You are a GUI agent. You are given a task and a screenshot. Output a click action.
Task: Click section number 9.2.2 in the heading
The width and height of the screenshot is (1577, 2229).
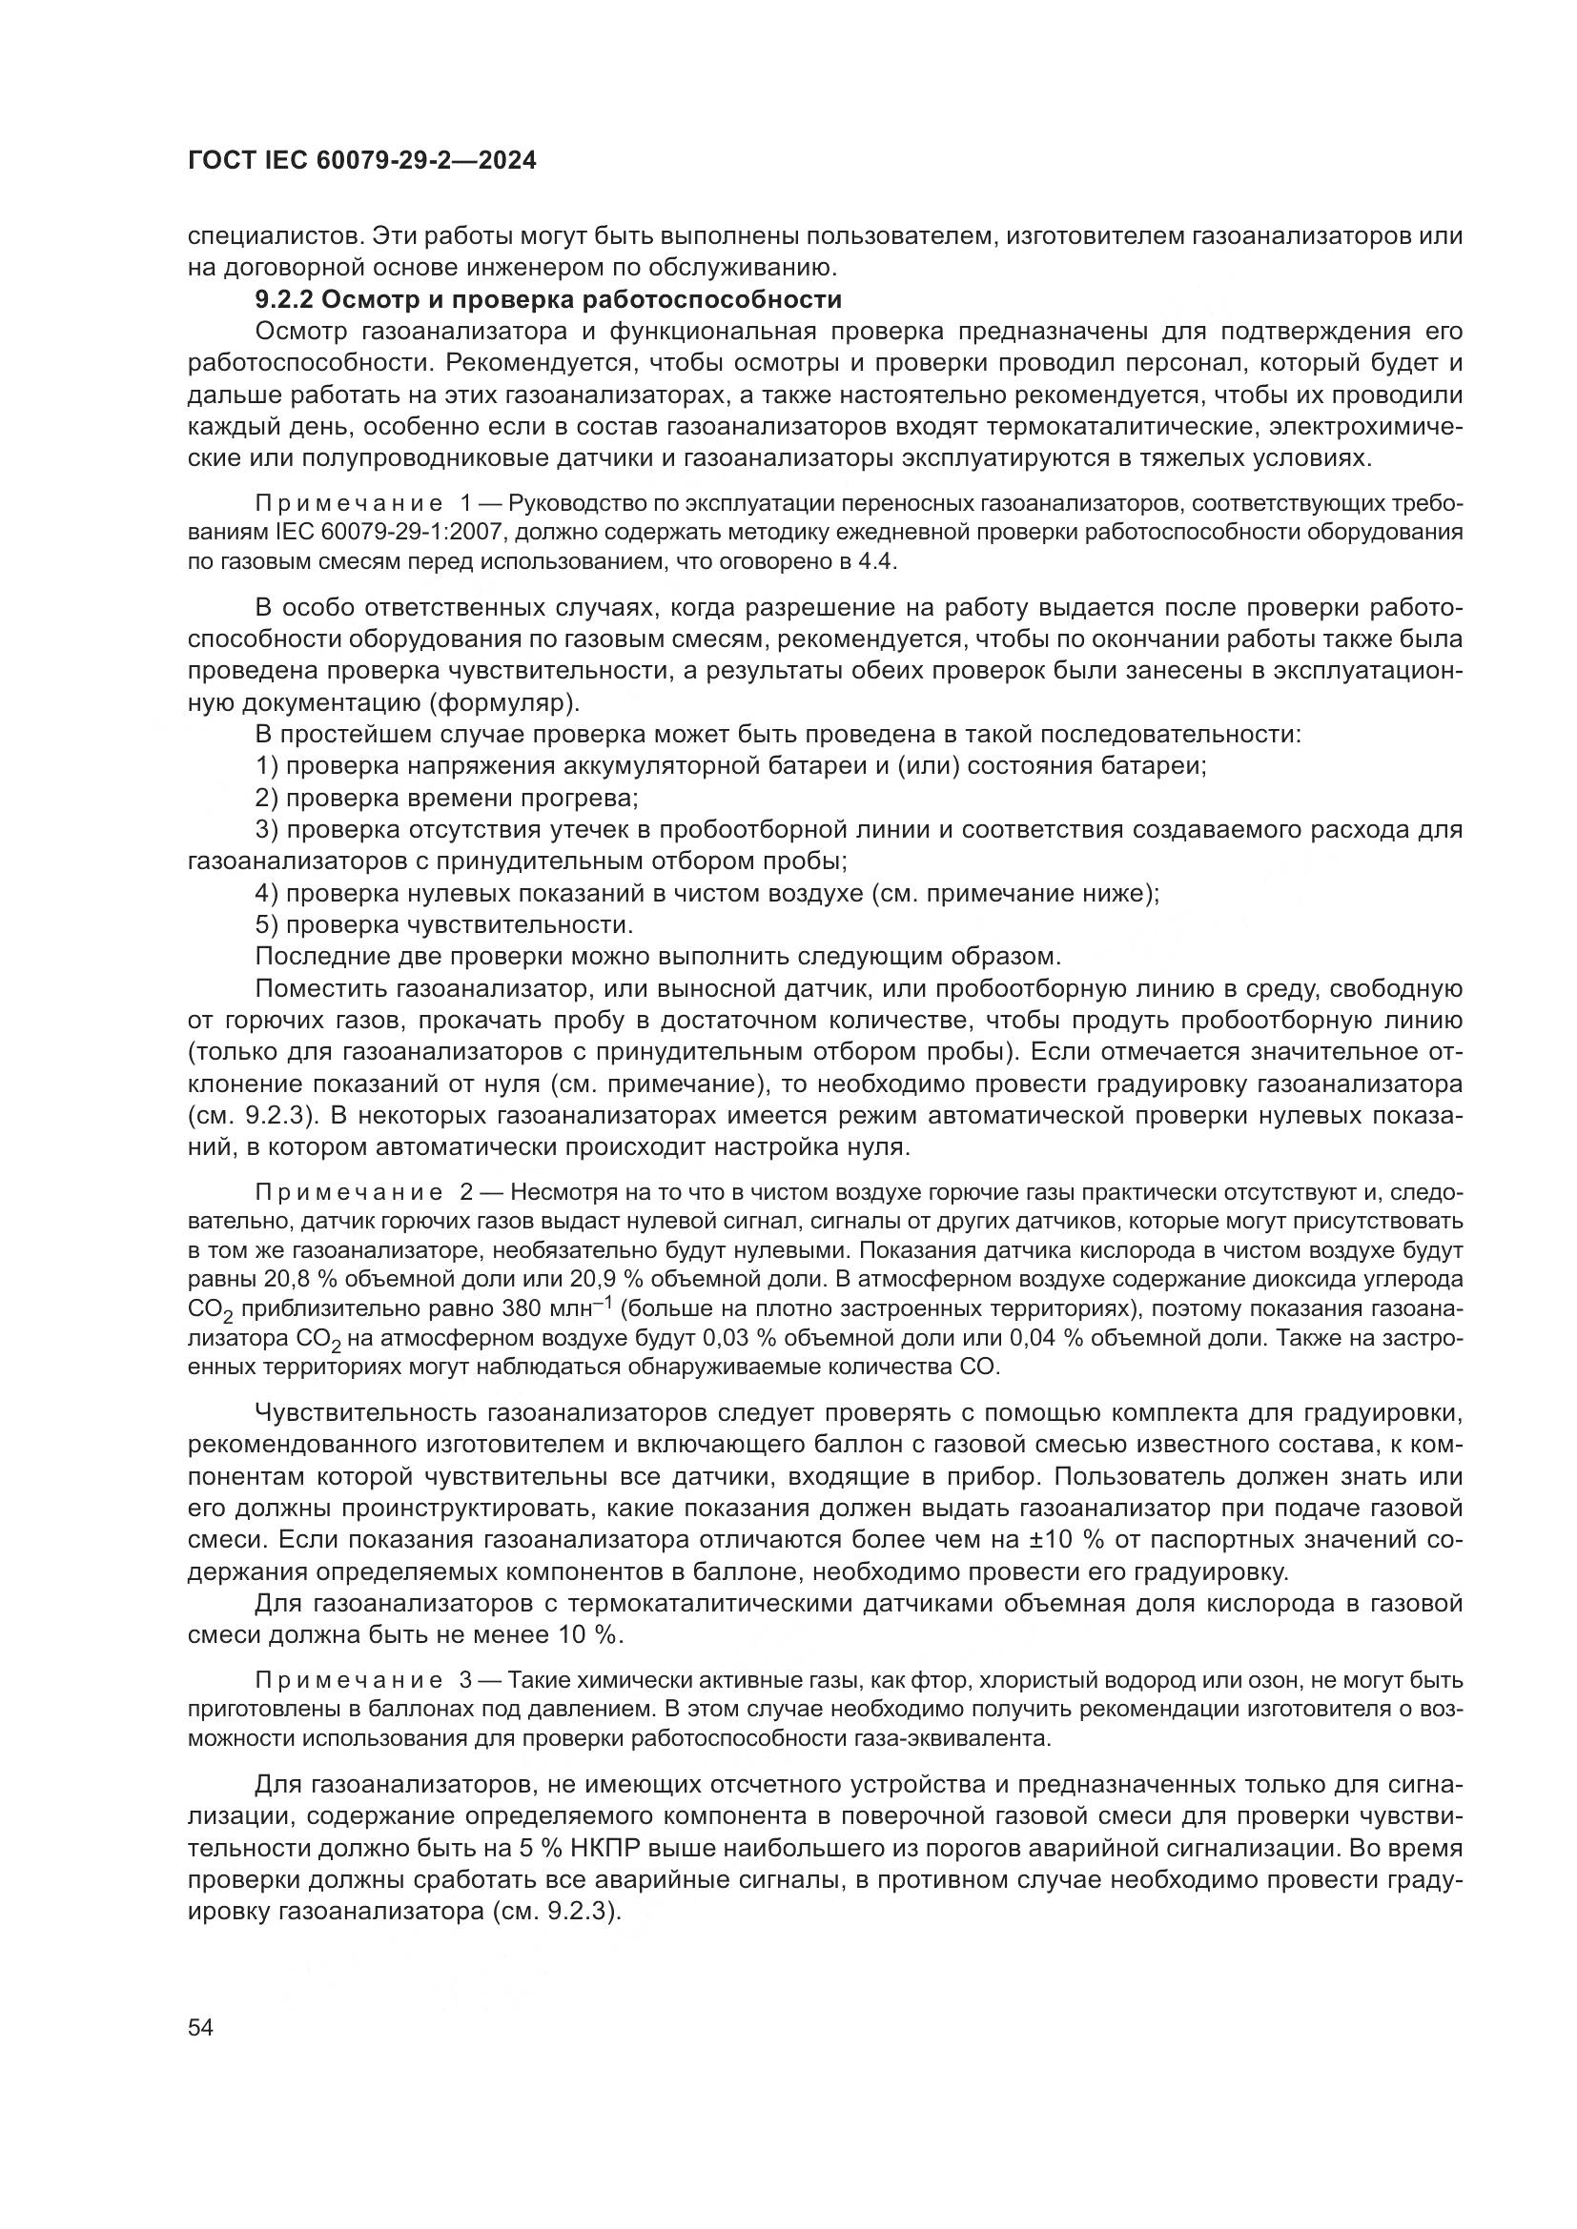click(282, 299)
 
